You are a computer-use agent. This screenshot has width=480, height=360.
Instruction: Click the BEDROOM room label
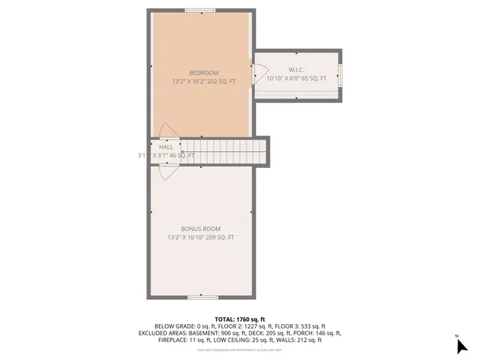click(204, 72)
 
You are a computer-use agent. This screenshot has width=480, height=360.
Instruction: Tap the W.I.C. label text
click(297, 69)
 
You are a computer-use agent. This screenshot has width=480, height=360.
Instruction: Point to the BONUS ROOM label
click(201, 229)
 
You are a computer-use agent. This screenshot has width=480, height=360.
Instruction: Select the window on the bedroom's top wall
click(201, 10)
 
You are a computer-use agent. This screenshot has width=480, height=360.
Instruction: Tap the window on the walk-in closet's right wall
click(340, 75)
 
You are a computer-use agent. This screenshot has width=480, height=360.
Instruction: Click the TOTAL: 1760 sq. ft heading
click(240, 319)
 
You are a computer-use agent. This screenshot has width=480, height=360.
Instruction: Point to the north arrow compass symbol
click(461, 345)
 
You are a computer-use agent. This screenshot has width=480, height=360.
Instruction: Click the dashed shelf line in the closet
click(297, 93)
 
